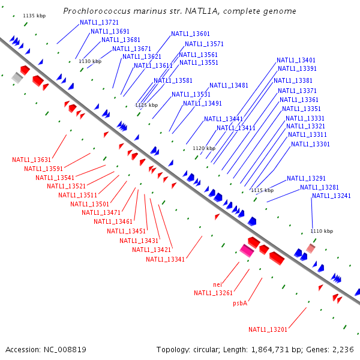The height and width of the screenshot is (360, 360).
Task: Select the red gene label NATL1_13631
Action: tap(31, 160)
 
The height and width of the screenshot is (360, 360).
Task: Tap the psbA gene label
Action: tap(240, 303)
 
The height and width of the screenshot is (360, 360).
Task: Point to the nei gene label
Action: tap(217, 284)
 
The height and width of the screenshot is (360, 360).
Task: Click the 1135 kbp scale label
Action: tap(34, 16)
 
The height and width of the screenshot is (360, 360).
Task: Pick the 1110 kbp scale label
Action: tap(321, 231)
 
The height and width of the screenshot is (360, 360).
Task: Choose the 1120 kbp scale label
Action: tap(203, 148)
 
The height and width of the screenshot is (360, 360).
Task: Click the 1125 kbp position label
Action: tap(146, 104)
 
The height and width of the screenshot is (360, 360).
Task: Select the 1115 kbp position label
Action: tap(262, 190)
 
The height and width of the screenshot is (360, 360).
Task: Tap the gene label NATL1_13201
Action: tap(268, 329)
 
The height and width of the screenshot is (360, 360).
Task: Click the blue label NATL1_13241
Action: tap(331, 196)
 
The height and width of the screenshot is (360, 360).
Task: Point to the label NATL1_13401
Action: tap(296, 60)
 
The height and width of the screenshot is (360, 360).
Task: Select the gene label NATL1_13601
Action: tap(190, 34)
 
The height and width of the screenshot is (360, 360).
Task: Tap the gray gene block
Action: tap(17, 78)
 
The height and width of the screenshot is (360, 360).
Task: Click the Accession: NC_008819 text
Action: tap(46, 349)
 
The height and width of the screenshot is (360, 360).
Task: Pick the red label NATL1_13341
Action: tap(165, 259)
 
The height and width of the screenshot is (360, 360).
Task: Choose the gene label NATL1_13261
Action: tap(213, 293)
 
